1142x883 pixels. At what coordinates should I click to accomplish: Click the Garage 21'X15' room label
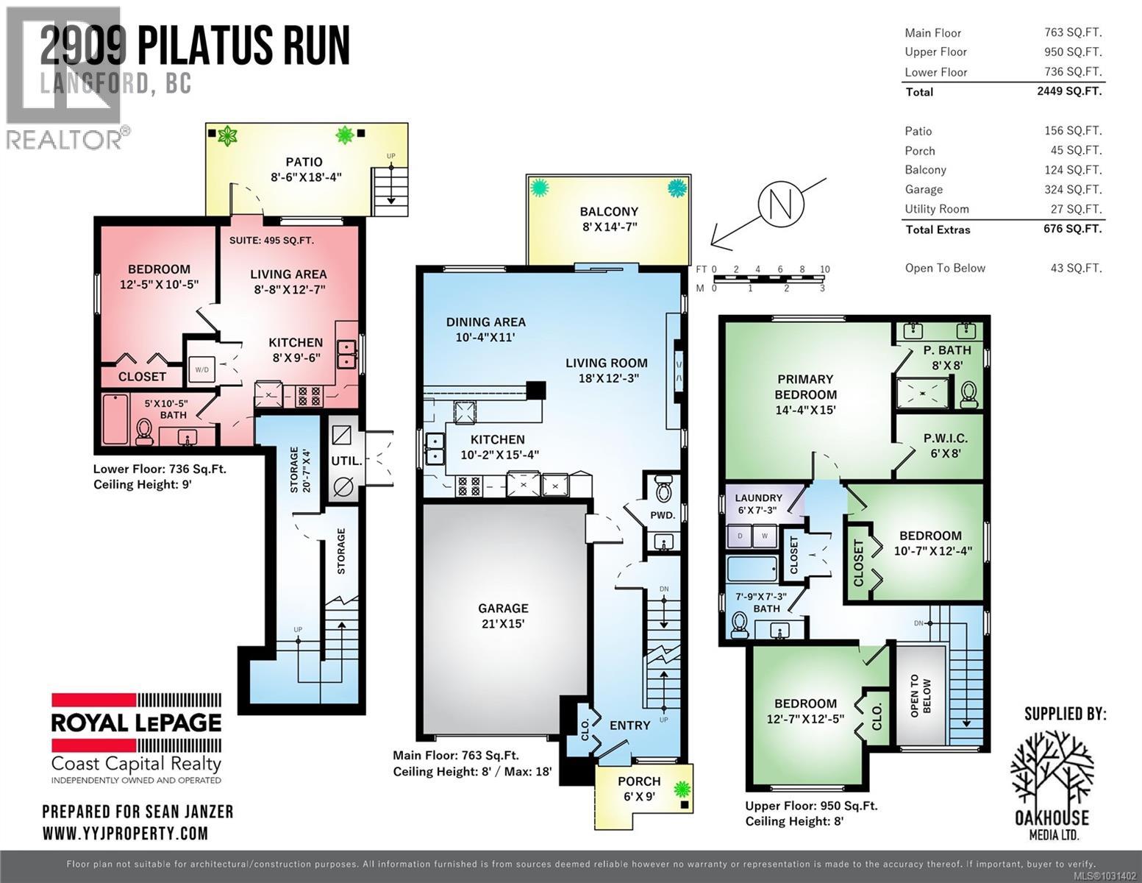pyautogui.click(x=503, y=616)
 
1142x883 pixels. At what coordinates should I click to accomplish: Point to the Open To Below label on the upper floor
pyautogui.click(x=920, y=697)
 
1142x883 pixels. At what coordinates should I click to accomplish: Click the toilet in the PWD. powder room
pyautogui.click(x=663, y=487)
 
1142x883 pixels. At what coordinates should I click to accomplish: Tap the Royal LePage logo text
pyautogui.click(x=136, y=723)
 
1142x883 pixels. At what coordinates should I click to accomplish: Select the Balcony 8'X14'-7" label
pyautogui.click(x=608, y=219)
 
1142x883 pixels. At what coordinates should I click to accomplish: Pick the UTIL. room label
pyautogui.click(x=346, y=461)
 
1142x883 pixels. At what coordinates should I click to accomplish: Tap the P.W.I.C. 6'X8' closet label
pyautogui.click(x=945, y=446)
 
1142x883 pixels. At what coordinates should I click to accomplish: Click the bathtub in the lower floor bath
pyautogui.click(x=115, y=420)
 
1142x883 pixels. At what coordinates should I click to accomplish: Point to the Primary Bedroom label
pyautogui.click(x=805, y=394)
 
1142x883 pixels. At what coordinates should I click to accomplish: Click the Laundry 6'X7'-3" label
pyautogui.click(x=759, y=503)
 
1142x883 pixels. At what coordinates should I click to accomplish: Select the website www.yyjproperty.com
pyautogui.click(x=125, y=833)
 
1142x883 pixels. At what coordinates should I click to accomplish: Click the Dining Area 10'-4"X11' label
pyautogui.click(x=485, y=330)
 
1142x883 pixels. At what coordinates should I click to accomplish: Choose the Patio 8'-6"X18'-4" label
pyautogui.click(x=304, y=169)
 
